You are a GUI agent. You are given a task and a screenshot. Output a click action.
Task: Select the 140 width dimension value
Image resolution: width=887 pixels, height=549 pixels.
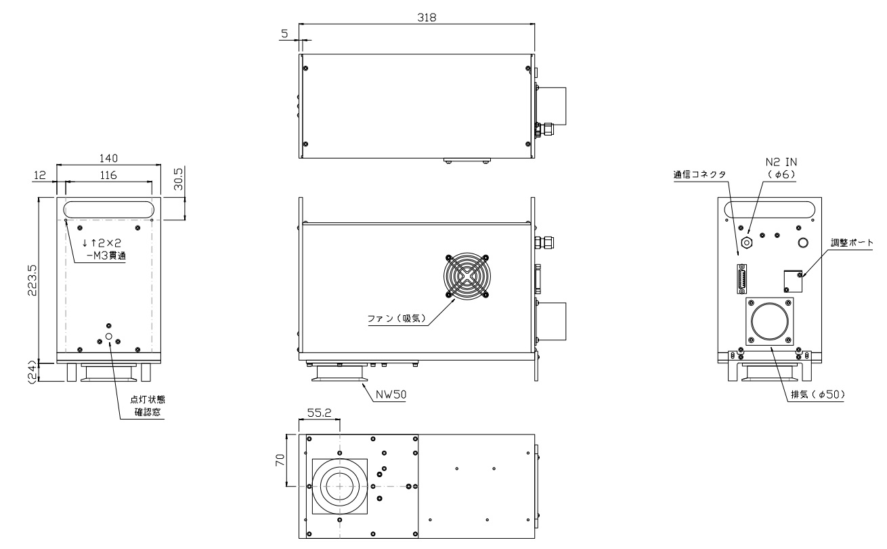pos(108,159)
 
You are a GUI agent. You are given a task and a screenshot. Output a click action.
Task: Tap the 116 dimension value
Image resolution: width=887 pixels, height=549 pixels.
pos(108,175)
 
